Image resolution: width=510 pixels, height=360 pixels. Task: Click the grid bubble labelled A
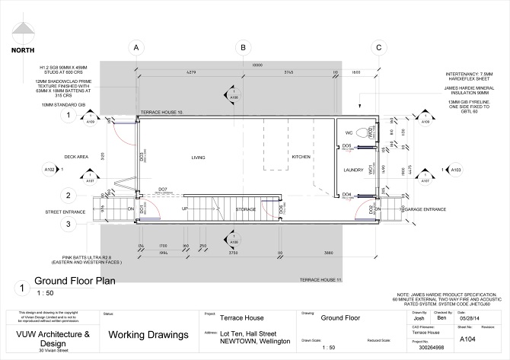pyautogui.click(x=136, y=47)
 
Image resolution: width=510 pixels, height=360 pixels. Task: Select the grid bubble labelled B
pyautogui.click(x=243, y=47)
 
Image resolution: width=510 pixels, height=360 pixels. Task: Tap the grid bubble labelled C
pyautogui.click(x=378, y=47)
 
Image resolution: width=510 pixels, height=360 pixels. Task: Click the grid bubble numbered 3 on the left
pyautogui.click(x=68, y=224)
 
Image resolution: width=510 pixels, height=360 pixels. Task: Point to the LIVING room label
pyautogui.click(x=198, y=158)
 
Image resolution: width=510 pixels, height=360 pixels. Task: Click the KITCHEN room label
pyautogui.click(x=301, y=158)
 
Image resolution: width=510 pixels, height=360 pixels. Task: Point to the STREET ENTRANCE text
pyautogui.click(x=62, y=212)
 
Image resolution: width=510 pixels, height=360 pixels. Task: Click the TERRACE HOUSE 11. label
pyautogui.click(x=320, y=281)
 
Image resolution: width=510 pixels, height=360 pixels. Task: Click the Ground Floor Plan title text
pyautogui.click(x=73, y=281)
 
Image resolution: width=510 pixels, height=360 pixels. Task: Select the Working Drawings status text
pyautogui.click(x=147, y=335)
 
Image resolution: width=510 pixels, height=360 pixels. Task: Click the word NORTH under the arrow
pyautogui.click(x=22, y=51)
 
